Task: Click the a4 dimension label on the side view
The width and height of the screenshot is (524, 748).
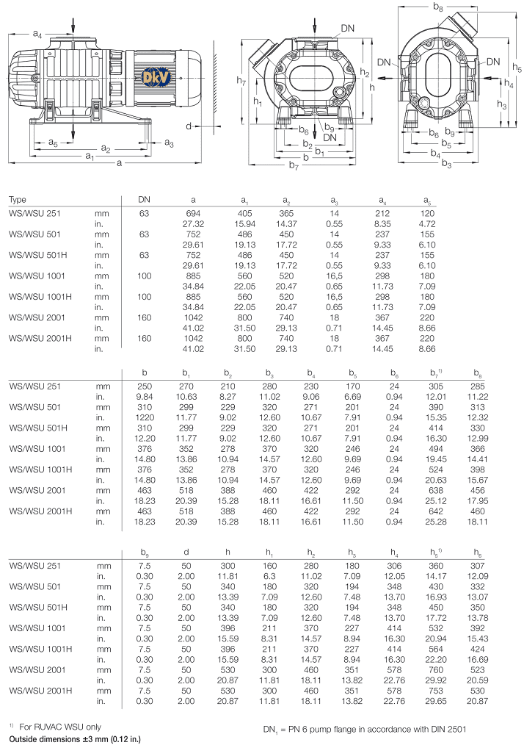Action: pos(37,34)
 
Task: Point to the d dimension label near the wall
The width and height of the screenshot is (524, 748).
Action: pos(189,126)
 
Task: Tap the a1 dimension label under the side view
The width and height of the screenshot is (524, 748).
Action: pos(89,156)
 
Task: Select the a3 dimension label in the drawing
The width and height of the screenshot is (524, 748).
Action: pos(169,141)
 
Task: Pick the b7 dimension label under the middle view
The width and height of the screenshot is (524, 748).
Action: pos(294,167)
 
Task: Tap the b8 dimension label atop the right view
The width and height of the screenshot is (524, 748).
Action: pos(438,7)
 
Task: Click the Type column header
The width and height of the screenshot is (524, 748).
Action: pos(17,200)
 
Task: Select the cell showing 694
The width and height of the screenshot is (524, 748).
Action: pos(193,212)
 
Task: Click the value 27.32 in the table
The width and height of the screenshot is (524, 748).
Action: pos(193,223)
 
